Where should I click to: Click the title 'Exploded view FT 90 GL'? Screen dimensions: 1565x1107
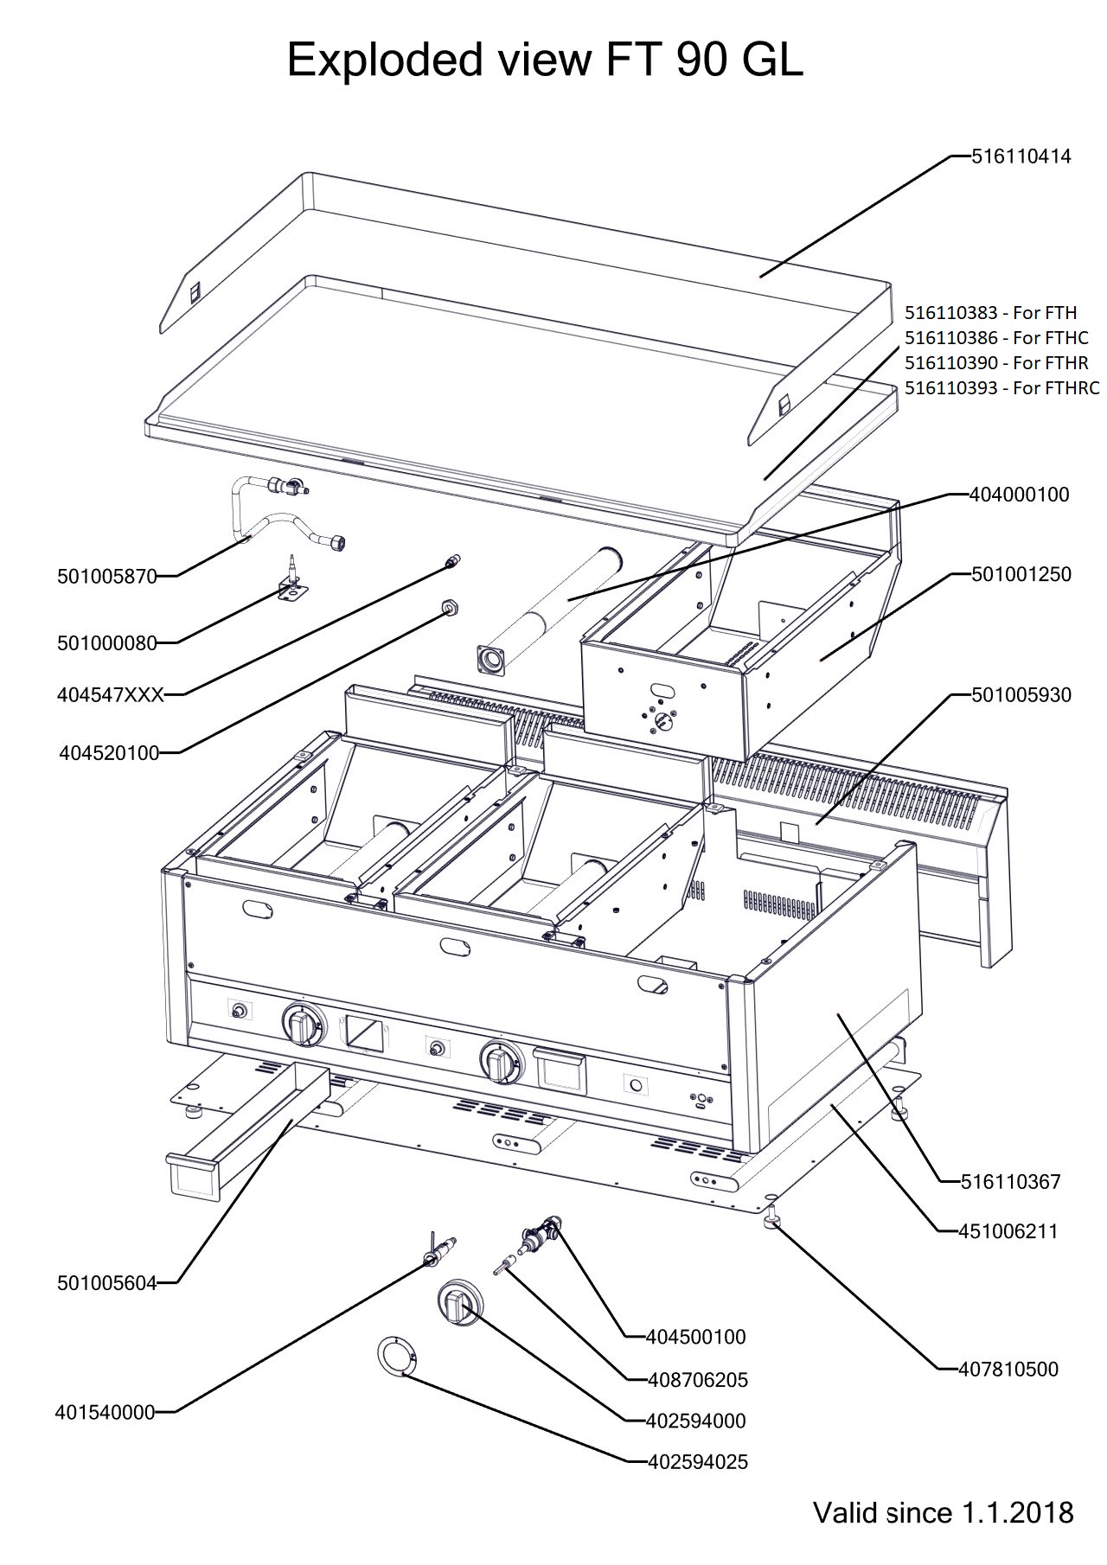(545, 61)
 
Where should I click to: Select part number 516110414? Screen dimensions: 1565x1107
(1021, 156)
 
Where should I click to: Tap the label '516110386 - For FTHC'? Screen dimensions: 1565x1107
(996, 337)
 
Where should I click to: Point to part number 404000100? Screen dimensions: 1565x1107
(1020, 495)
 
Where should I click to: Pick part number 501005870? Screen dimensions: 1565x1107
(107, 576)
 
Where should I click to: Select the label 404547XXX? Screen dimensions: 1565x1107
(110, 694)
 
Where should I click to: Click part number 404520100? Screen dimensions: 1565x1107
(109, 753)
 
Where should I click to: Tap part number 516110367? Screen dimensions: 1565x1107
(1010, 1181)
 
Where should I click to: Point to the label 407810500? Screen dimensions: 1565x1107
(1008, 1369)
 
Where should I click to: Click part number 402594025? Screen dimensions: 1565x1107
(698, 1462)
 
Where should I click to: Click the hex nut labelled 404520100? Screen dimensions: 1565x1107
(449, 607)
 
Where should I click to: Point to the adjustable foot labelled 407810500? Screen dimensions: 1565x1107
(772, 1221)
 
